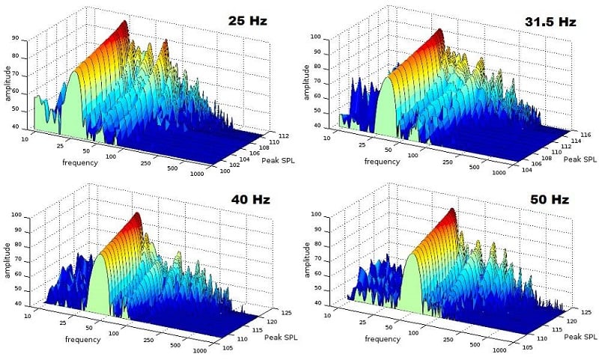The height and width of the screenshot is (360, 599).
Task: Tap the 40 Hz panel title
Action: click(x=251, y=200)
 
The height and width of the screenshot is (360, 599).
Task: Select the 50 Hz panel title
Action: click(x=551, y=201)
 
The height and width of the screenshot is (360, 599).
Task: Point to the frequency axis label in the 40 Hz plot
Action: click(x=80, y=340)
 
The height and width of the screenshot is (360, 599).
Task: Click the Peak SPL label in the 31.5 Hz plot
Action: click(x=577, y=159)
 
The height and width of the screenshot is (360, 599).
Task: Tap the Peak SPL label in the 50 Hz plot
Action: click(x=577, y=336)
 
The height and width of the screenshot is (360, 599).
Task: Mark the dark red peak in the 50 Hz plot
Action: click(x=451, y=215)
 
